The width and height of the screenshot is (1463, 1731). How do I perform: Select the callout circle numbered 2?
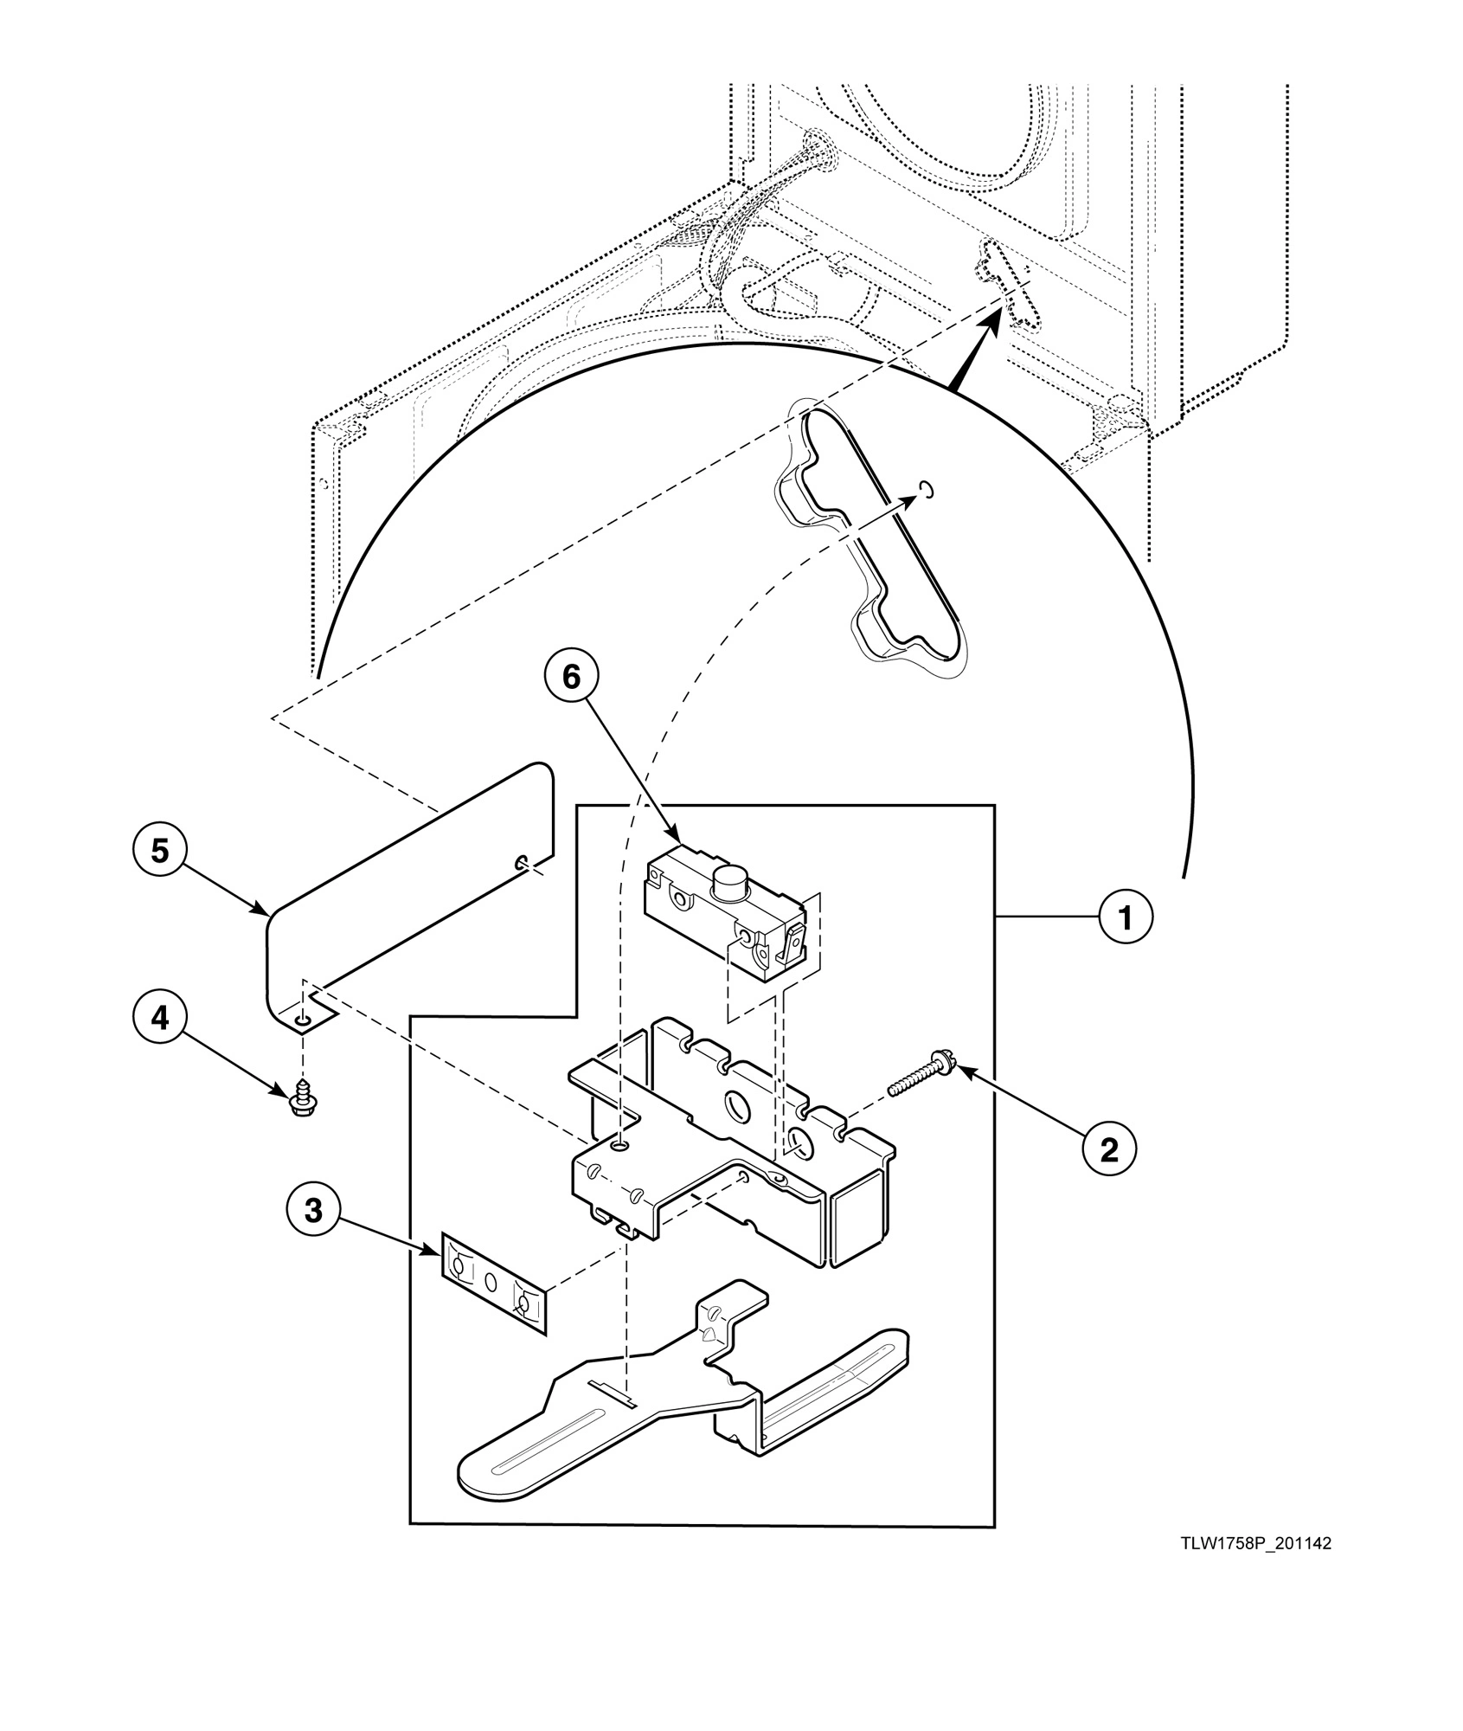pyautogui.click(x=1108, y=1149)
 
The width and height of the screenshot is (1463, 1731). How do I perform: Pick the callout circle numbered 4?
pyautogui.click(x=160, y=1019)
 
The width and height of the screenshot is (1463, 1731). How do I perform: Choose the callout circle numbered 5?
pyautogui.click(x=160, y=851)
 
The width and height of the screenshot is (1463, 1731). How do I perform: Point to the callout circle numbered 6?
pyautogui.click(x=572, y=677)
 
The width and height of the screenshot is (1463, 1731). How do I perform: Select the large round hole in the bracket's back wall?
pyautogui.click(x=736, y=1105)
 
